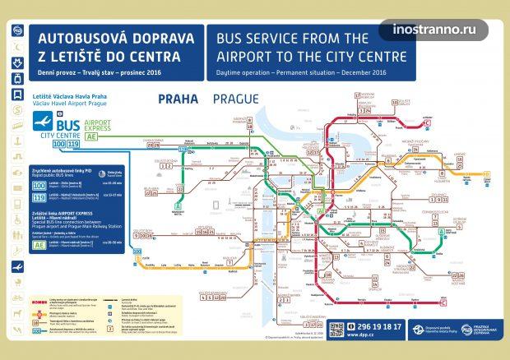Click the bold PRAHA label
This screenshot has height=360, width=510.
point(178,99)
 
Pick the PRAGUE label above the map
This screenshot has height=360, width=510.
point(235,99)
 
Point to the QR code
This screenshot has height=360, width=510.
point(336,330)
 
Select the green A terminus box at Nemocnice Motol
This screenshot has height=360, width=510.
point(178,207)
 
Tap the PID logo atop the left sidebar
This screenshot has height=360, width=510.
point(17,30)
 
